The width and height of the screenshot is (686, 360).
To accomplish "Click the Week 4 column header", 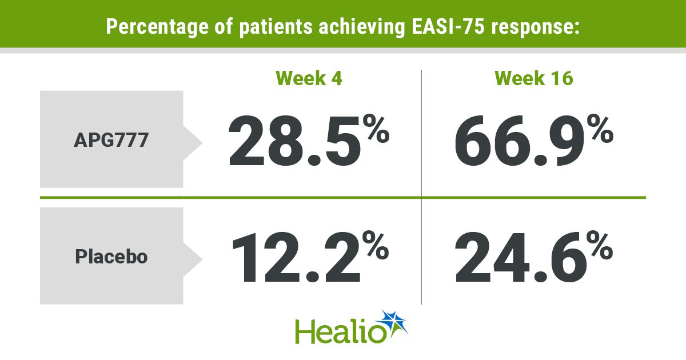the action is pos(309,78).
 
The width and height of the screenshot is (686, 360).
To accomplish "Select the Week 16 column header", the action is pos(534,78).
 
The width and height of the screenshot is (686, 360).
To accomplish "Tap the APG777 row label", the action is pos(111,140).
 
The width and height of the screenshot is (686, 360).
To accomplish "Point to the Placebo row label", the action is pos(111,257).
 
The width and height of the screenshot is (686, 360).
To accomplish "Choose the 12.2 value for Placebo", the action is pos(296,257).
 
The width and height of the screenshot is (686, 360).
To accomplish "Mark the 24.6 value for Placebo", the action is pos(520,257).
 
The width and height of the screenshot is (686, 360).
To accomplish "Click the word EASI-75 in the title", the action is pos(448,26).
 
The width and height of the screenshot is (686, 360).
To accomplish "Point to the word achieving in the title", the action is pos(362,27).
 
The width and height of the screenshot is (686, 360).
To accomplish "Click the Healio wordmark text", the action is pos(341,332).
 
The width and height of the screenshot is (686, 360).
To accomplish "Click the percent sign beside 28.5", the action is pos(376,129).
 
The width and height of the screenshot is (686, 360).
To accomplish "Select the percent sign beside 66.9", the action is pos(600,129).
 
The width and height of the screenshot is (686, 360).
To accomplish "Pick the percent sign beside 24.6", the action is pos(600,245).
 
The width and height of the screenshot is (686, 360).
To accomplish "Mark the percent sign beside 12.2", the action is pos(376,245).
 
